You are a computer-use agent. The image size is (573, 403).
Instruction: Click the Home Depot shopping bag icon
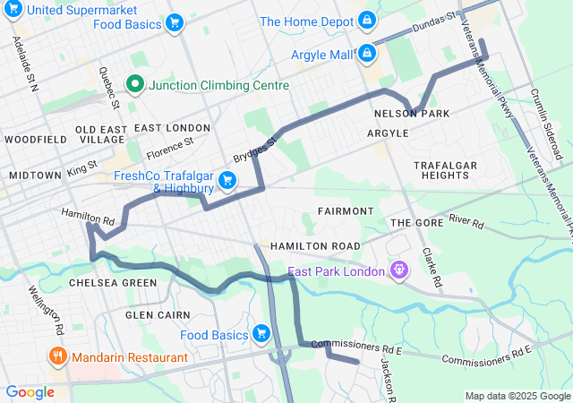click(x=367, y=21)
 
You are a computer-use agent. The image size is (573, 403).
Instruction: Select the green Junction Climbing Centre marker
click(x=136, y=85)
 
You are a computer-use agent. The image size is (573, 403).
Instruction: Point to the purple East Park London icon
click(x=399, y=270)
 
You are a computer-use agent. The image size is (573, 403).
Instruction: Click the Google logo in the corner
click(x=30, y=391)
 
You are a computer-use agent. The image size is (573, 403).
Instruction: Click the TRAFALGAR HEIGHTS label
click(x=440, y=170)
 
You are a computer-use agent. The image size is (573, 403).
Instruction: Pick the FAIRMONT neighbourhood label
click(x=345, y=210)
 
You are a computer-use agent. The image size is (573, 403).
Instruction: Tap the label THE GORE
click(x=411, y=222)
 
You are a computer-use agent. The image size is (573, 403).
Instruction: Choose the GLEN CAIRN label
click(x=158, y=315)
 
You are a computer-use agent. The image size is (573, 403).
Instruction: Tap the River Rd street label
click(x=466, y=219)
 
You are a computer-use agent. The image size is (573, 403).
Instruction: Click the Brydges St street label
click(x=256, y=145)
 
